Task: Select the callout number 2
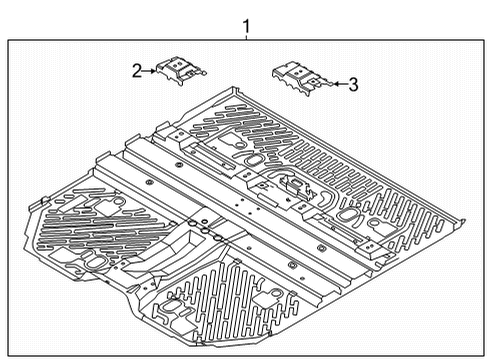136,70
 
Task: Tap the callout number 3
354,84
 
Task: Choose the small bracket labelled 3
299,76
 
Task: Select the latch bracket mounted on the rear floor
292,186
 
